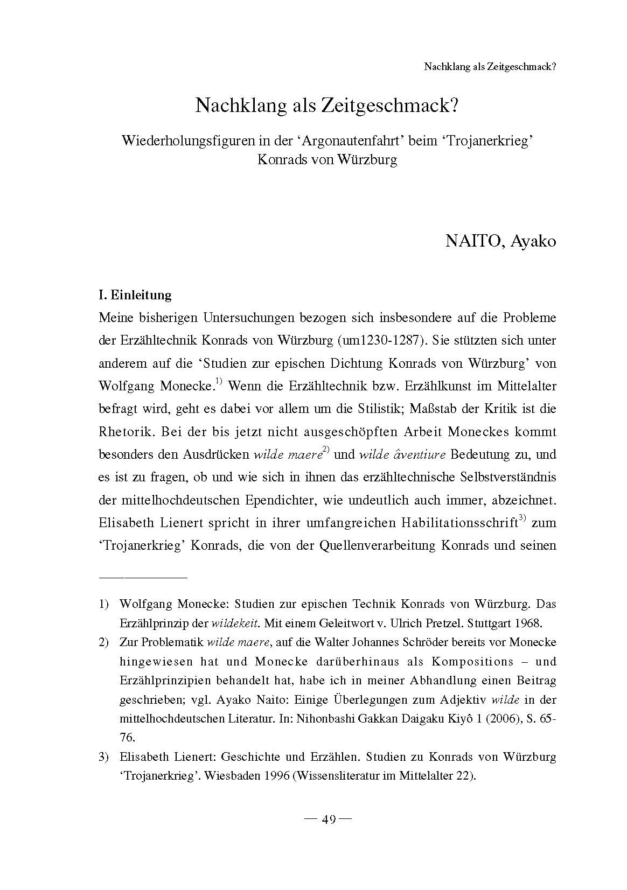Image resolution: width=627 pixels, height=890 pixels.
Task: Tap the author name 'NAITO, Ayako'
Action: [500, 241]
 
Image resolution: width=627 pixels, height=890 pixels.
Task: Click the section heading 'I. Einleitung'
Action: [135, 295]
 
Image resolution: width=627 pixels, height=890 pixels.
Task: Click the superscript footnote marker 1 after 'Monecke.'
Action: [219, 382]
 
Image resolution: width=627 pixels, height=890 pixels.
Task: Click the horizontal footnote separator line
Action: [143, 577]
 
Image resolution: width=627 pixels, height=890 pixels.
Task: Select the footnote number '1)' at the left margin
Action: [104, 604]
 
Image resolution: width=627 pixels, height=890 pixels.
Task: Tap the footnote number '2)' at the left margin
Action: [104, 642]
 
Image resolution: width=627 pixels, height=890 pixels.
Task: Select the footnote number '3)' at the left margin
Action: [104, 758]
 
